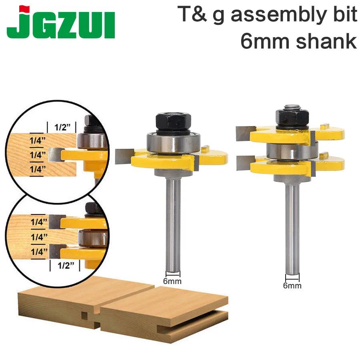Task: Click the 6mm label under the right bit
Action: click(x=292, y=286)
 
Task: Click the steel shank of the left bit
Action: click(x=173, y=224)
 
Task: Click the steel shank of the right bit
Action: click(x=292, y=228)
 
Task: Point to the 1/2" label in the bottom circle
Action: click(x=65, y=265)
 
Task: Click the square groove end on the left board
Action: click(x=84, y=316)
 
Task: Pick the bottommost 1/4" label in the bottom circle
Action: click(x=40, y=252)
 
